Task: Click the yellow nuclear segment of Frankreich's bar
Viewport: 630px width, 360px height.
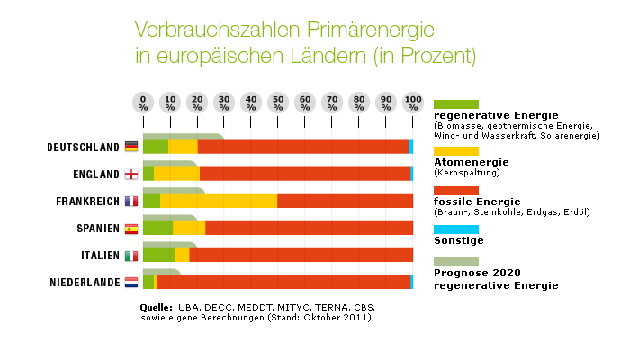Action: pos(219,201)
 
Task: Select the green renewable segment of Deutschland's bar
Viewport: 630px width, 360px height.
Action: pos(155,147)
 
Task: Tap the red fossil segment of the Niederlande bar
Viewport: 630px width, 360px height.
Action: pos(283,283)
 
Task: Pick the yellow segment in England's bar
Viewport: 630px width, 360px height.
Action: pos(176,174)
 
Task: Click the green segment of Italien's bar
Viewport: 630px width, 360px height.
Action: pos(158,256)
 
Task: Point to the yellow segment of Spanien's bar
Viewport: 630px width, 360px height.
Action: pos(188,228)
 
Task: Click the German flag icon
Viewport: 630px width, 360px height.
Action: pos(131,147)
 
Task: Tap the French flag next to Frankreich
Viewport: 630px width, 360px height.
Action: pos(131,201)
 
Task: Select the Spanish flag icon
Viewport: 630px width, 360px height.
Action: pos(131,229)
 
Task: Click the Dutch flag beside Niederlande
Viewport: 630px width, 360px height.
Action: pos(131,283)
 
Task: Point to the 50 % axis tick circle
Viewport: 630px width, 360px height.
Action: pos(278,102)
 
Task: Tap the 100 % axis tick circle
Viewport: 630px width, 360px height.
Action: pos(413,102)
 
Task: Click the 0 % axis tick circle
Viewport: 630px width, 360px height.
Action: pos(143,102)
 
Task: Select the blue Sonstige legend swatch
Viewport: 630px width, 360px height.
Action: pos(455,229)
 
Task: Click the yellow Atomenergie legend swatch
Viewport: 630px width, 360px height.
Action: pos(455,150)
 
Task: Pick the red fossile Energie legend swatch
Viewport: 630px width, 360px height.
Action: pos(455,191)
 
